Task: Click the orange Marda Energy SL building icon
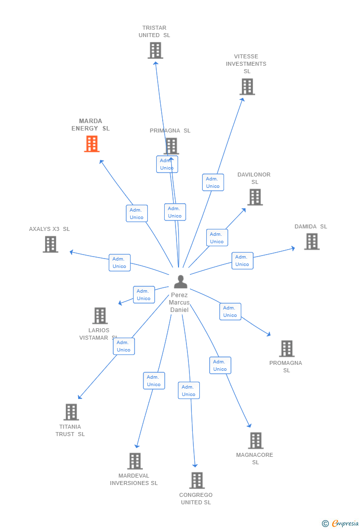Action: pos(91,144)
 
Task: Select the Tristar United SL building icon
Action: pos(155,50)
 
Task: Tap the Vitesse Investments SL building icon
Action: pos(247,87)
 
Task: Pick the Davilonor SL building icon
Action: pos(255,197)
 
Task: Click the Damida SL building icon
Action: pos(312,242)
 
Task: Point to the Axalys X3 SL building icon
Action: pos(50,244)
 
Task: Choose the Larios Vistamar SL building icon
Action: pos(100,316)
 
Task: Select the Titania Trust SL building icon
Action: pos(71,412)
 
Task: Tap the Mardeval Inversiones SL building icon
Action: pos(135,461)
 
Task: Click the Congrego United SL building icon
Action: pos(197,481)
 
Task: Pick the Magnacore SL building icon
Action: pos(255,441)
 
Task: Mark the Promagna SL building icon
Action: pos(286,349)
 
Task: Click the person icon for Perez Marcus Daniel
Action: pos(180,282)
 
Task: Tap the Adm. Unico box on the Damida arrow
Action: pos(242,261)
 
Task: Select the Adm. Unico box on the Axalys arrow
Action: pos(120,263)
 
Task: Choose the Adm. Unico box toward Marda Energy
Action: pos(136,214)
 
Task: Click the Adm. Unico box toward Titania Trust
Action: pos(124,346)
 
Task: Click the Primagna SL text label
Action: pos(170,131)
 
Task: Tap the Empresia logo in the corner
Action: pos(341,523)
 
